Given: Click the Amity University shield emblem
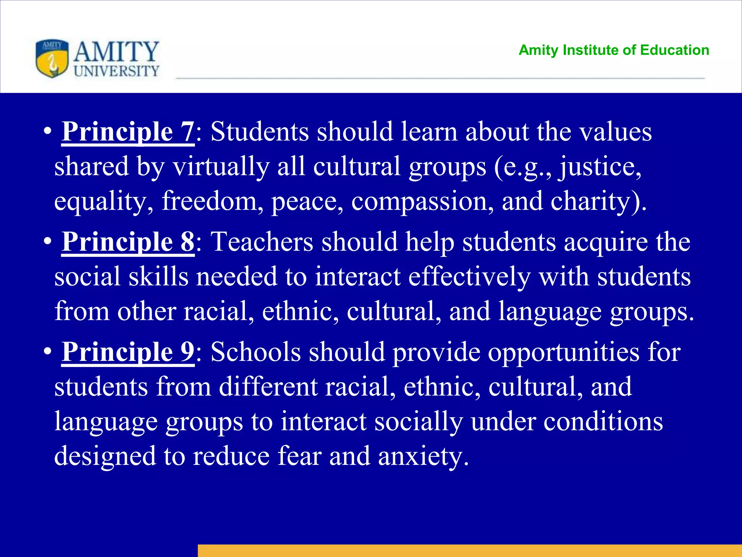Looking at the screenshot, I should click(52, 58).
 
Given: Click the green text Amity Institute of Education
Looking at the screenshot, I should click(614, 50).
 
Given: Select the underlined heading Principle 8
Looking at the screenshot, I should click(128, 242).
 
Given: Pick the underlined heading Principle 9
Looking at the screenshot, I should click(128, 352).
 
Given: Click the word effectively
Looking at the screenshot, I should click(469, 277).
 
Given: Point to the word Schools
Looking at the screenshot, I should click(255, 352).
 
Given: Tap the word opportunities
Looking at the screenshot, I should click(564, 352).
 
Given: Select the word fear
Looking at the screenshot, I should click(299, 456).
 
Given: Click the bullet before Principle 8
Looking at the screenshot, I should click(47, 242).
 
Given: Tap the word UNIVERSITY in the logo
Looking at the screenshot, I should click(116, 71).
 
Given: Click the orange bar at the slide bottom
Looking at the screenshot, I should click(470, 550).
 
